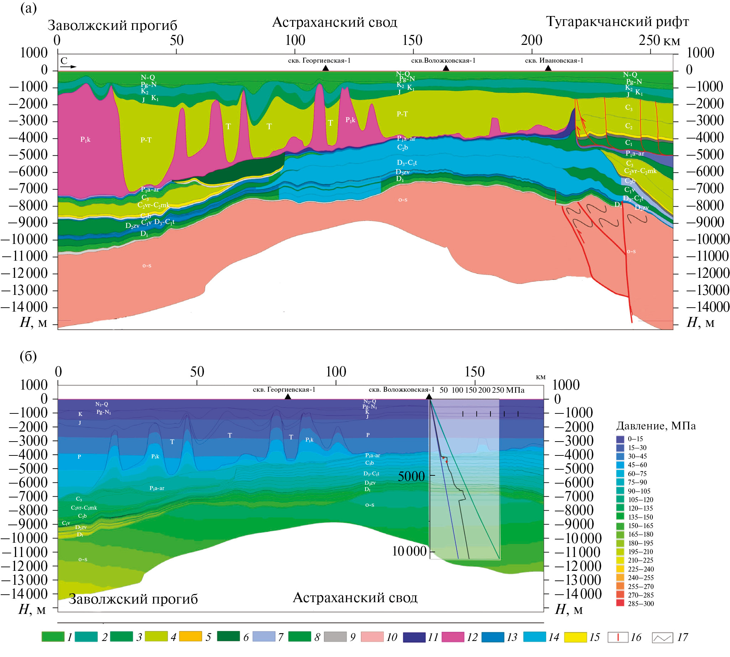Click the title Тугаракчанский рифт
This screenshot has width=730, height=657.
coord(617,22)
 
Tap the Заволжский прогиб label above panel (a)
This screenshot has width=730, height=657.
coord(112,25)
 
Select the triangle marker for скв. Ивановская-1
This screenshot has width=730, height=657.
coord(548,68)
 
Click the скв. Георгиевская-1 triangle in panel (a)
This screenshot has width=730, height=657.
coord(325,68)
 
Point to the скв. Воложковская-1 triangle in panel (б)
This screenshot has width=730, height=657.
coord(429,396)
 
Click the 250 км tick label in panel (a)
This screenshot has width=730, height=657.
coord(659,41)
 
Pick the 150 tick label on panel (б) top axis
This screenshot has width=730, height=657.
coord(474,371)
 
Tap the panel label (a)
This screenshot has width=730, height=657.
coord(28,8)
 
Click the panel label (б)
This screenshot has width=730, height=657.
coord(28,356)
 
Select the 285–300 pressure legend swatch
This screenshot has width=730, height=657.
coord(620,603)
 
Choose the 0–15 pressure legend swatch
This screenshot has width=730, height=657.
coord(620,439)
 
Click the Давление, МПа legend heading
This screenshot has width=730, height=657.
coord(655,426)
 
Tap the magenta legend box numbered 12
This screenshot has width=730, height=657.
coord(453,637)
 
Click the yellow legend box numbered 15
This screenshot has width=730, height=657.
coord(575,637)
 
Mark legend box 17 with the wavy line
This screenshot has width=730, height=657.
coord(662,637)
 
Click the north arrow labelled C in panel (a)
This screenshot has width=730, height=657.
coord(68,63)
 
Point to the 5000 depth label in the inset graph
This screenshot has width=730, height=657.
coord(411,476)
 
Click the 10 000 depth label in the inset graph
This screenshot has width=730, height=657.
coord(409,551)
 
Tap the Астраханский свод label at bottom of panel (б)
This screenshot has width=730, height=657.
coord(355,598)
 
